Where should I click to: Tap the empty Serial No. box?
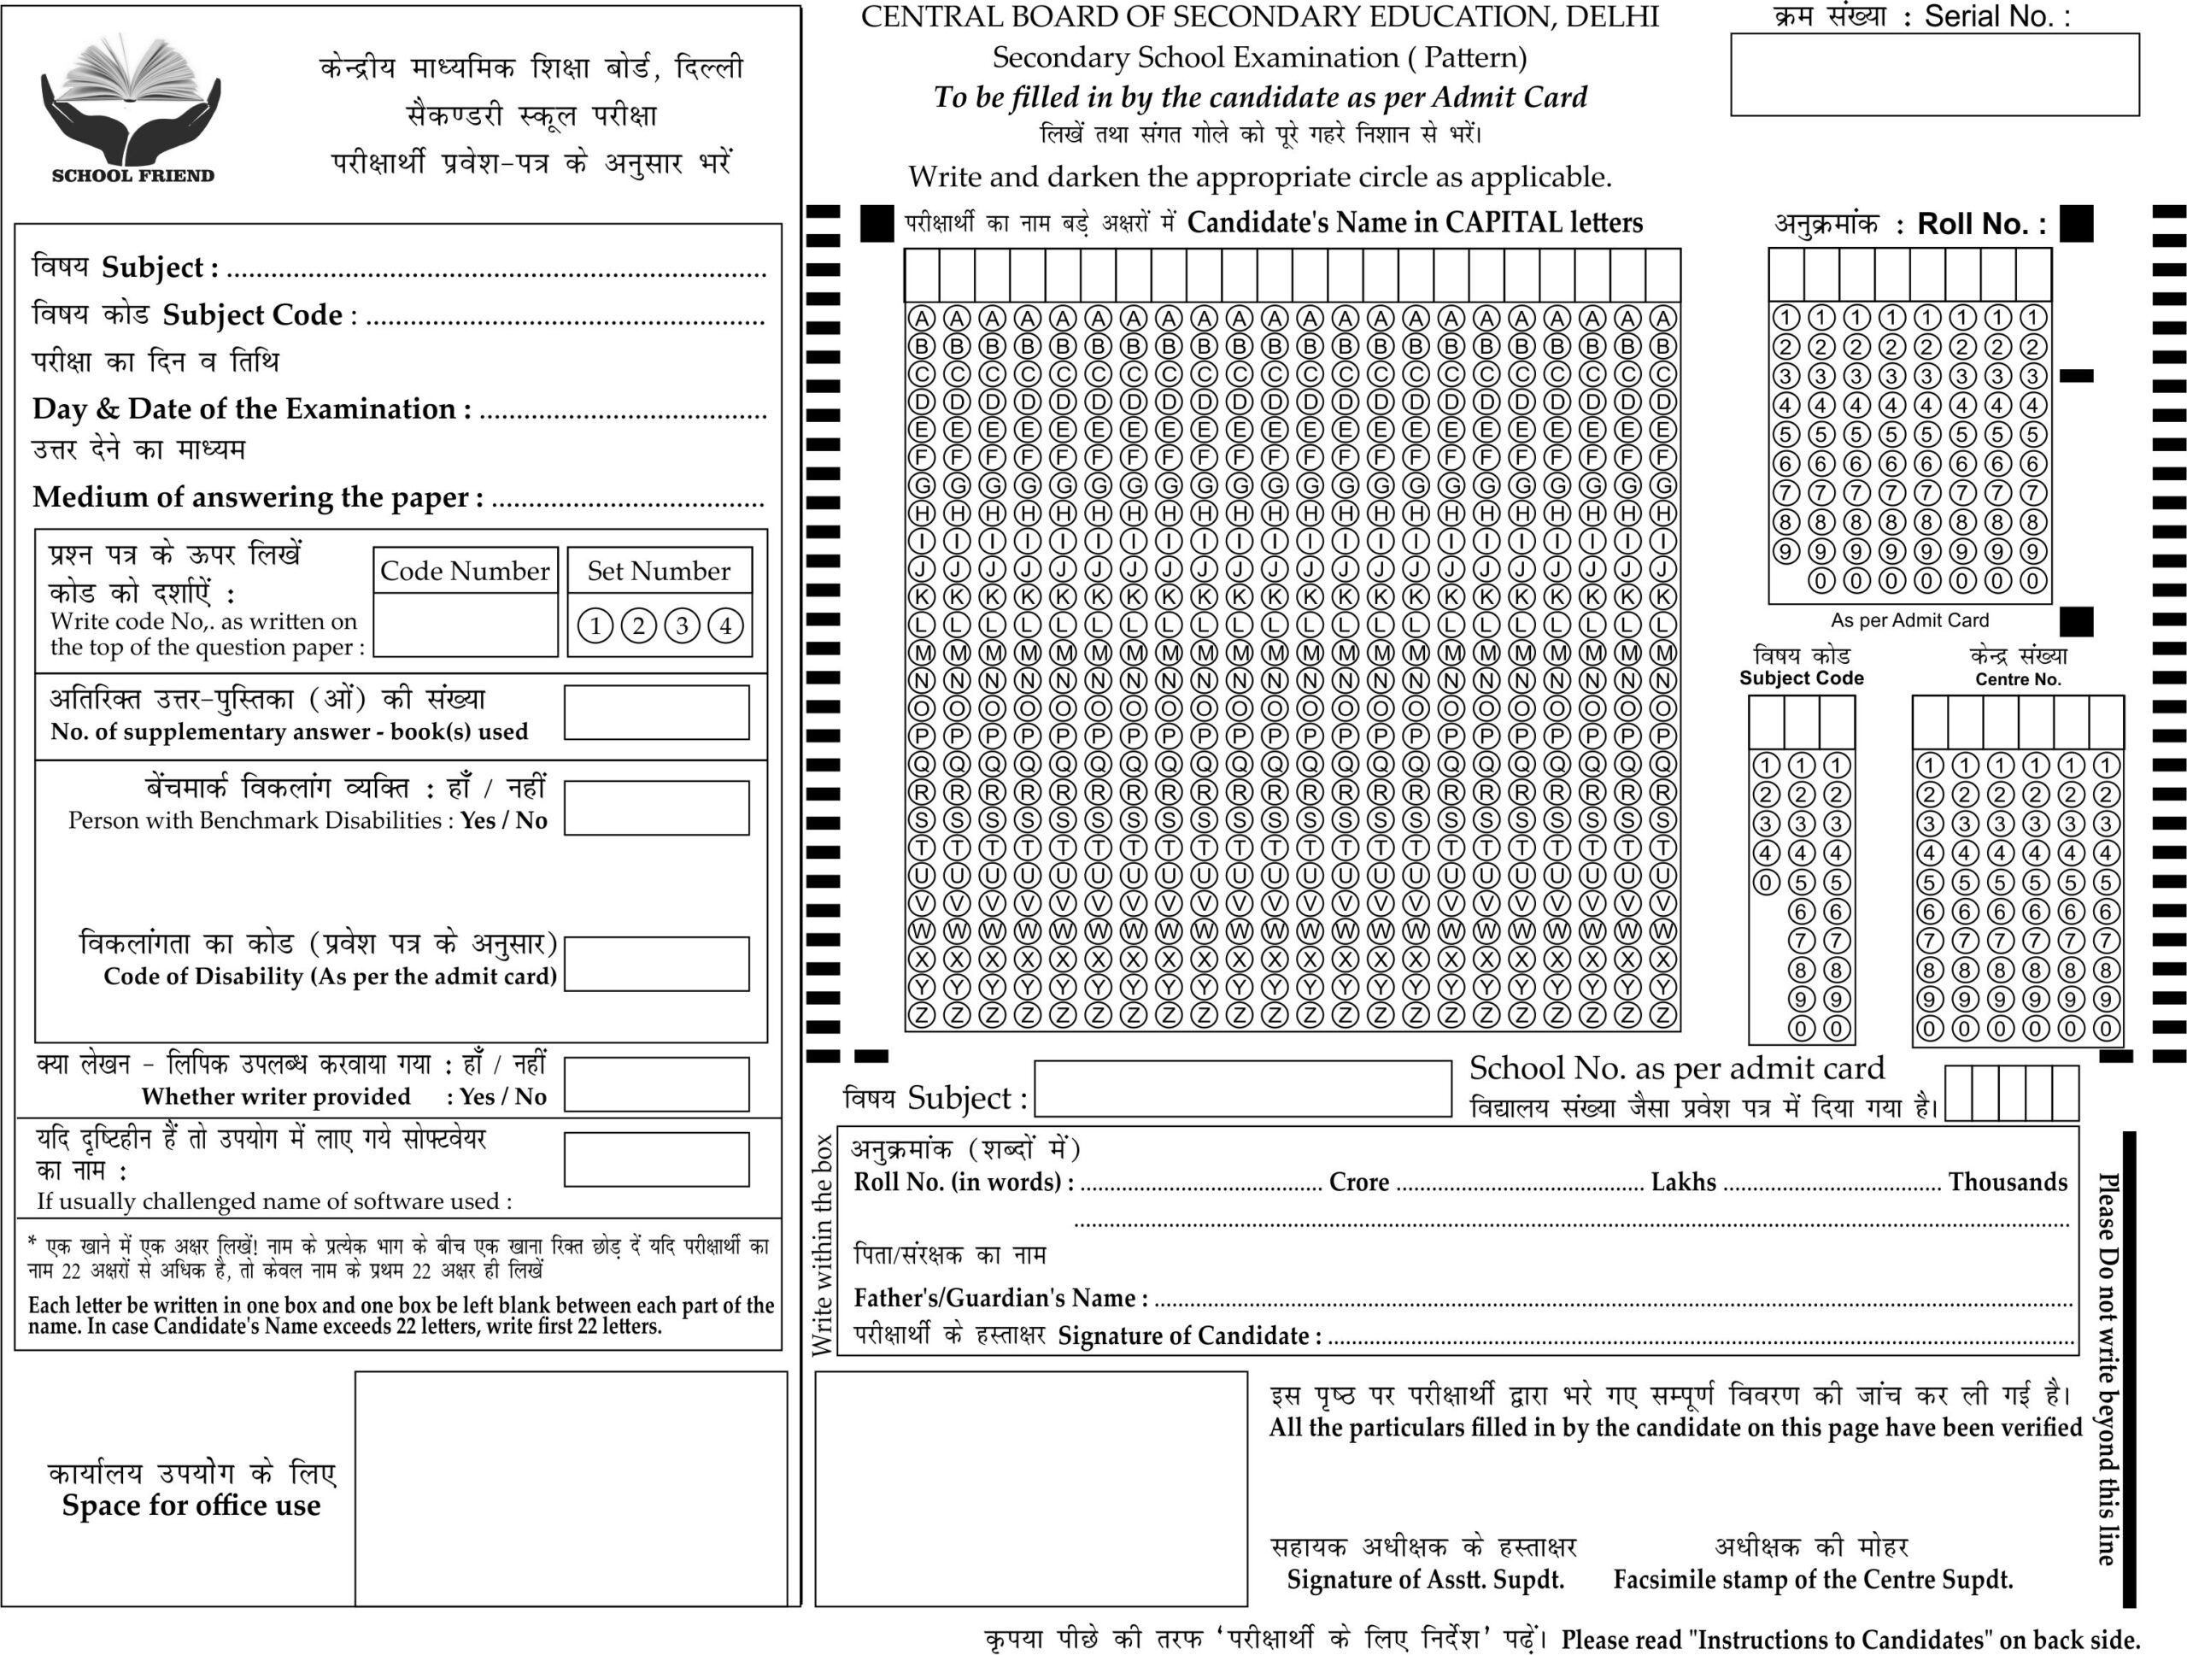pos(1934,75)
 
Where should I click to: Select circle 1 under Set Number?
pos(595,625)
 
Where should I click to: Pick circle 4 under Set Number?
pos(725,625)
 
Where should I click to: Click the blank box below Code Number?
pos(466,625)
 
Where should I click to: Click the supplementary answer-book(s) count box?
pos(656,713)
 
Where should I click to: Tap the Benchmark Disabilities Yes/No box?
pos(656,807)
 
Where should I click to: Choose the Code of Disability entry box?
pos(656,964)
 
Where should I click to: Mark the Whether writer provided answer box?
pos(656,1084)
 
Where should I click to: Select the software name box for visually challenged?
pos(656,1159)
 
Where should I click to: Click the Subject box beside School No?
pos(1243,1089)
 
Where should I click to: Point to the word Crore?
pos(1358,1183)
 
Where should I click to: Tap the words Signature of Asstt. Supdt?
pos(1425,1580)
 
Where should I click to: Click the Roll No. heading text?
pos(1980,225)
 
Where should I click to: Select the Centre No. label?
pos(2017,679)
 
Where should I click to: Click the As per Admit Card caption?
pos(1909,621)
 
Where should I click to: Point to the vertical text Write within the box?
pos(823,1246)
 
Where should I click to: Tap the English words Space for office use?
pos(191,1505)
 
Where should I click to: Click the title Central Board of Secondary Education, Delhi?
pos(1259,17)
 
